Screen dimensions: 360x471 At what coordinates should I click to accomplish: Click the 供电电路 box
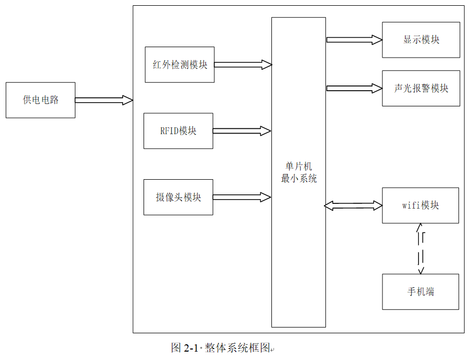pos(40,100)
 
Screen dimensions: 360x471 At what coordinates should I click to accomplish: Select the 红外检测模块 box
pos(180,64)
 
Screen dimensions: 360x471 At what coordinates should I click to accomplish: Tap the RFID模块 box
pos(178,130)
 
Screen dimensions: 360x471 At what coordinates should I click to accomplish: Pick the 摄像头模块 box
pos(178,197)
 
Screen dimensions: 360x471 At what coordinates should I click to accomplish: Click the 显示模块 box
pos(421,40)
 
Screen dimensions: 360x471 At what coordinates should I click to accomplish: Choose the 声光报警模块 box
pos(421,89)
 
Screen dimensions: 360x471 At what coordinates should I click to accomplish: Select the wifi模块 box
pos(420,205)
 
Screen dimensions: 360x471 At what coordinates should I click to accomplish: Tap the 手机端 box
pos(420,291)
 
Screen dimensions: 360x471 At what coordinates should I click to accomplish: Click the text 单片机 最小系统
pos(299,172)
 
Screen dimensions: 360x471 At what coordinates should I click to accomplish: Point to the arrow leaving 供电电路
pos(104,100)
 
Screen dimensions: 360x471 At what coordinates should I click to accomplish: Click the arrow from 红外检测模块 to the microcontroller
pos(243,64)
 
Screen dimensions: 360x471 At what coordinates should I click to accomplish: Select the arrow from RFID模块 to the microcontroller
pos(241,130)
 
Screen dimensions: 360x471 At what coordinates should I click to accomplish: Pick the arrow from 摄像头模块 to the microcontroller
pos(241,197)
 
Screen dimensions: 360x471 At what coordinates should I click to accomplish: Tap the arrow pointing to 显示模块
pos(354,39)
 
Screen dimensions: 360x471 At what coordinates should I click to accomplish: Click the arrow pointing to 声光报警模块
pos(354,89)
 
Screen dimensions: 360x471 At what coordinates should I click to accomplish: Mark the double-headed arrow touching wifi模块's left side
pos(353,205)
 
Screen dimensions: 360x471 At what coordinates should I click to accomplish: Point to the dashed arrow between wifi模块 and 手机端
pos(420,248)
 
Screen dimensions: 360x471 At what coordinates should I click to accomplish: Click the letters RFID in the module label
pos(169,131)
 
